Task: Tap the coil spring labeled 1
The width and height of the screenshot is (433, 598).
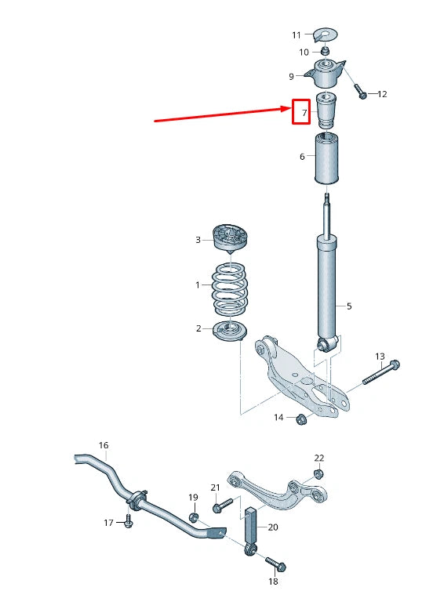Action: pos(230,288)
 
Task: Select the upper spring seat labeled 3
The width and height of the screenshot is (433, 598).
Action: pos(231,237)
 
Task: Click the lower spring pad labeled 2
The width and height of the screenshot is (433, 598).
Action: pos(231,331)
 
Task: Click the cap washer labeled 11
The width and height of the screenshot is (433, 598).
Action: pos(323,34)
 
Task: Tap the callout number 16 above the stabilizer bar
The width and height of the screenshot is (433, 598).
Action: pos(104,445)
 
